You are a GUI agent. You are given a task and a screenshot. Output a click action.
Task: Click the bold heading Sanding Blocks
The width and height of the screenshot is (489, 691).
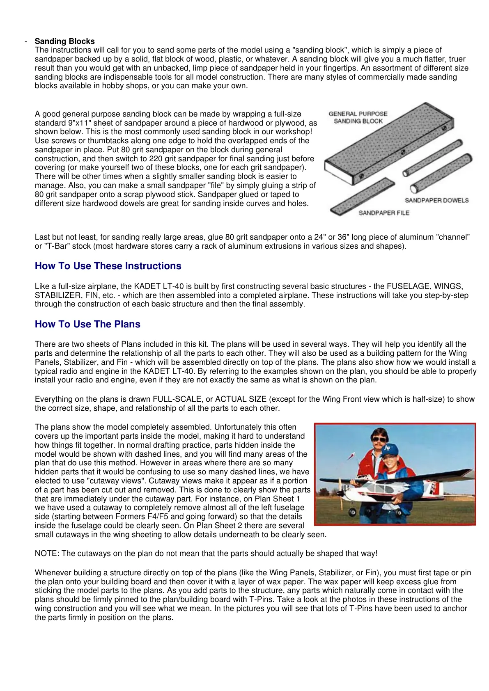coord(64,41)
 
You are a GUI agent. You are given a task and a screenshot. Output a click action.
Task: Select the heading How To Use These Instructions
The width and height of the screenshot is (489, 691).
coord(108,266)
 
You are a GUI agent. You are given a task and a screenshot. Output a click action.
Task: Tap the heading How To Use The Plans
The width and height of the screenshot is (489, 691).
coord(87,324)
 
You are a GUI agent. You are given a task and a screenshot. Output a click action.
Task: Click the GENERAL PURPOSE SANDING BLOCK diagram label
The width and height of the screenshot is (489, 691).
coord(358,117)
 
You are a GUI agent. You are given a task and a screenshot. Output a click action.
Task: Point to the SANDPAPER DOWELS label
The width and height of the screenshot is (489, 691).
coord(436,200)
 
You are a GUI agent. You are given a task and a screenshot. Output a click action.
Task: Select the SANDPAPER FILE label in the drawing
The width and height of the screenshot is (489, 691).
coord(383,213)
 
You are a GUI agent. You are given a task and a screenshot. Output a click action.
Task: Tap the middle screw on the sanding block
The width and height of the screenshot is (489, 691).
coord(403,152)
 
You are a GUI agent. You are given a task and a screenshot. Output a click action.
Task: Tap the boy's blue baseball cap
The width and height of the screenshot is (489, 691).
coord(390,449)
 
